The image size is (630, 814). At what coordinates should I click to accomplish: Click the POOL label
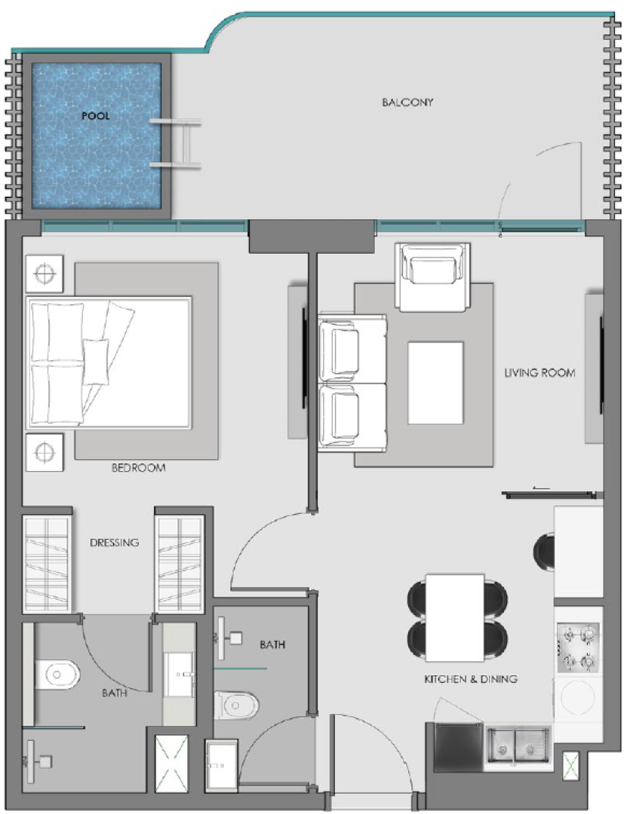[x=96, y=116]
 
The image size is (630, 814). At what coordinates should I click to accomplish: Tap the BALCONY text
[x=407, y=103]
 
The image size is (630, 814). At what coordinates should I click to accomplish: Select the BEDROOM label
[x=138, y=468]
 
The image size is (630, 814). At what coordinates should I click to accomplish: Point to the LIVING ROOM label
[x=539, y=372]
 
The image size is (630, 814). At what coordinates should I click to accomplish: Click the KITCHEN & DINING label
[x=471, y=678]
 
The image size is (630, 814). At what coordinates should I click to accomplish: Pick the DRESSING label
[x=115, y=543]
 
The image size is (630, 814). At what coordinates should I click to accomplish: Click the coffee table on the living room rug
[x=435, y=383]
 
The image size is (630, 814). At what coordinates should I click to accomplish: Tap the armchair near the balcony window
[x=432, y=277]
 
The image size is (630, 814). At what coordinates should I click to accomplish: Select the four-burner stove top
[x=578, y=648]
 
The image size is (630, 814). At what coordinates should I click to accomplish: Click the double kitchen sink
[x=518, y=746]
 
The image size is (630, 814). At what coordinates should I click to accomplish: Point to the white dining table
[x=455, y=617]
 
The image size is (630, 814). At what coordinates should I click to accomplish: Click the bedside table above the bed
[x=45, y=273]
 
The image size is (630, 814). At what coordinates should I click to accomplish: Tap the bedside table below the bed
[x=45, y=452]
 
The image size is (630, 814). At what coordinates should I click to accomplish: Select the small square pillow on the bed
[x=96, y=362]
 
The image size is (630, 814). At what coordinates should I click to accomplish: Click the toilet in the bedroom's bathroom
[x=57, y=675]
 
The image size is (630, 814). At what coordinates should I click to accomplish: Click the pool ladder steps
[x=177, y=143]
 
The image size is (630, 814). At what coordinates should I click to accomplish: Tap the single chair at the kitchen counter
[x=544, y=552]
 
